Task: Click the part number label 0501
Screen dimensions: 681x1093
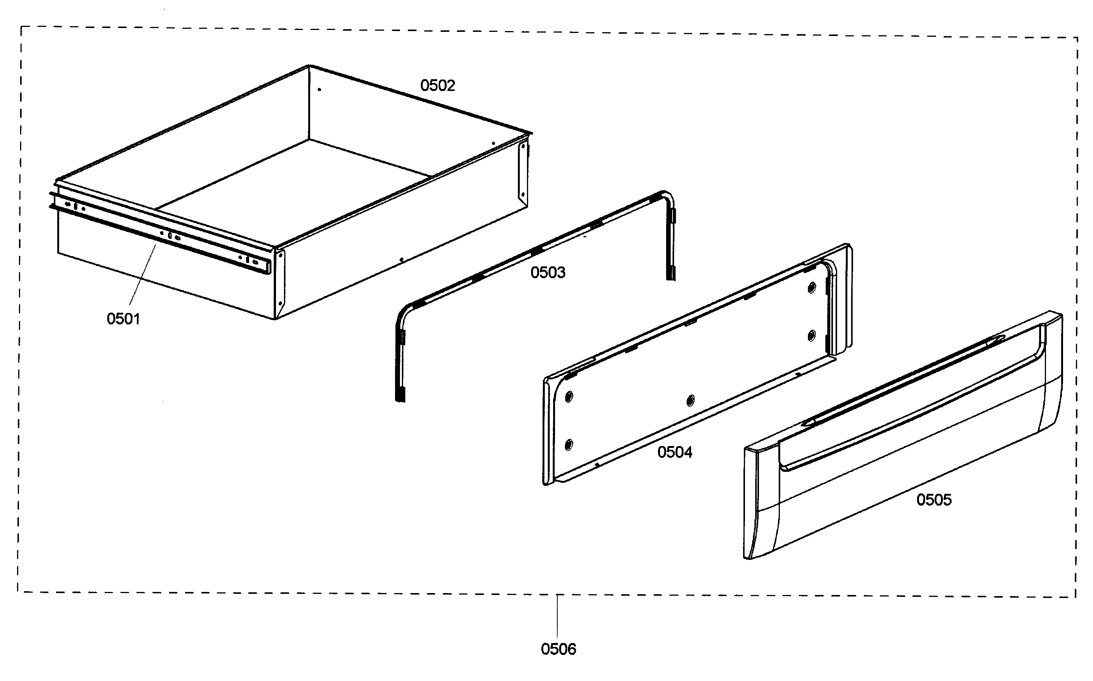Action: click(123, 319)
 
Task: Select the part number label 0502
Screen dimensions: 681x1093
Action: click(438, 86)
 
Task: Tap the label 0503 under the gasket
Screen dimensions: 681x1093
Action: click(547, 272)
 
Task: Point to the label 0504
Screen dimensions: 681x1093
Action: click(674, 452)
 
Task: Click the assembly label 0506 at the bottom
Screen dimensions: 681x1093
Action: click(558, 649)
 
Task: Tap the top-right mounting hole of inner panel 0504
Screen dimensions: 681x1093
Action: click(811, 287)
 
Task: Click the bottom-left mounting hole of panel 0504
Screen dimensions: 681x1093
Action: click(569, 445)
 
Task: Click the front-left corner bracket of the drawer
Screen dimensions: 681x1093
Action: click(280, 279)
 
